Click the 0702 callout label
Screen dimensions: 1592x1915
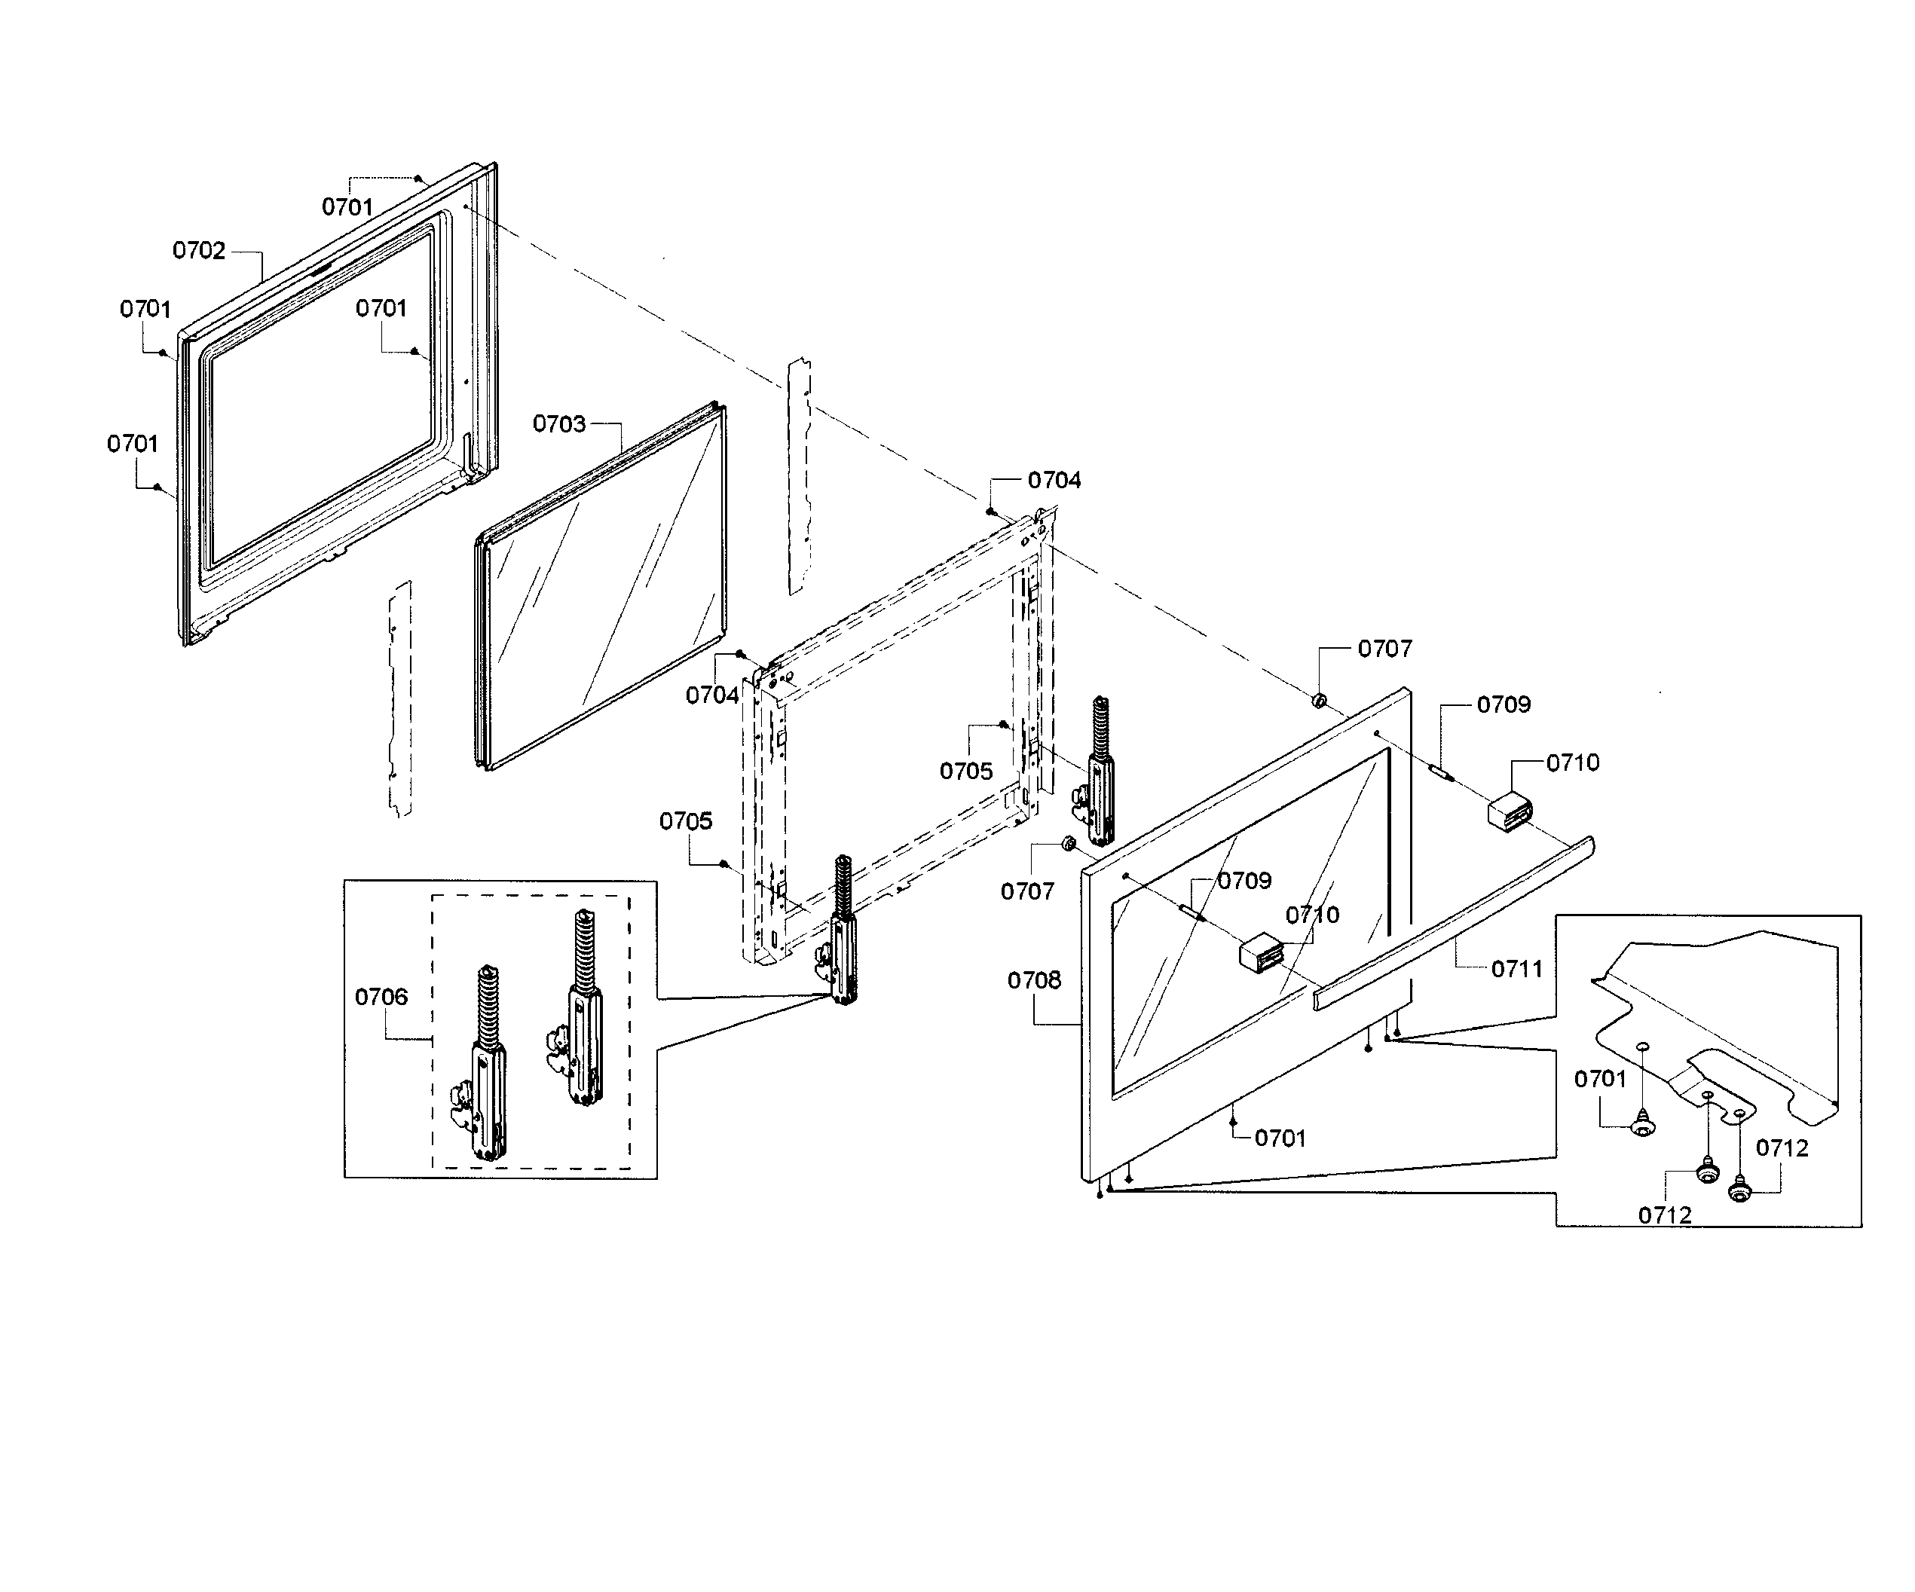coord(198,250)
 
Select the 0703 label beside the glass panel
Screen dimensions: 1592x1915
coord(558,423)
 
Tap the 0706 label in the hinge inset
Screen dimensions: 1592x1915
coord(381,997)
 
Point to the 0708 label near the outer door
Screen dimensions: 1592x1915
coord(1033,980)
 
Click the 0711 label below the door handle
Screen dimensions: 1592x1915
coord(1516,968)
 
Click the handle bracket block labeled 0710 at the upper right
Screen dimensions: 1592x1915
coord(1510,811)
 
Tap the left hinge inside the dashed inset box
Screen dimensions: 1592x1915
coord(486,1067)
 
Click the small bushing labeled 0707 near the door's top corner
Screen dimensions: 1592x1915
coord(1319,700)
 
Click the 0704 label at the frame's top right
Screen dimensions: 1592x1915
coord(1054,480)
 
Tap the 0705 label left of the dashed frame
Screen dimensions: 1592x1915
coord(685,820)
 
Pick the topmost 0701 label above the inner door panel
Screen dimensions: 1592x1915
coord(347,207)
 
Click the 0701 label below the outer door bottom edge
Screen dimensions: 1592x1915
coord(1280,1138)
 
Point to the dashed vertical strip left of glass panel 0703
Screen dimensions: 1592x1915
coord(399,698)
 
